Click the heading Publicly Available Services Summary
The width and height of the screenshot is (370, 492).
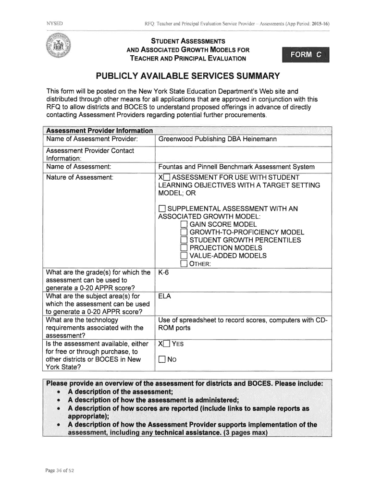coord(187,76)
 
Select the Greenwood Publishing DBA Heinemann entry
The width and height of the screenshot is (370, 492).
coord(217,139)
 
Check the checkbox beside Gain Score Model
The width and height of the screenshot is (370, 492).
coord(184,225)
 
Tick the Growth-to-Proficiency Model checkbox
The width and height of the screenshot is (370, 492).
coord(184,233)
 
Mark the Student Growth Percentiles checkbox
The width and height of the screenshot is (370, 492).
coord(184,240)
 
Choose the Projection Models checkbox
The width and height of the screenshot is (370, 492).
coord(184,248)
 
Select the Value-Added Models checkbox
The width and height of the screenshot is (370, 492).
coord(184,256)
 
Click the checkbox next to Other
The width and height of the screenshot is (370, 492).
coord(184,263)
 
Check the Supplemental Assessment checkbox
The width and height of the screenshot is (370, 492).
coord(162,209)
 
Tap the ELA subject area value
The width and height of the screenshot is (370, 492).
coord(164,296)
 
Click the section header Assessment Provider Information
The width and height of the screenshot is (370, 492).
coord(99,131)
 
